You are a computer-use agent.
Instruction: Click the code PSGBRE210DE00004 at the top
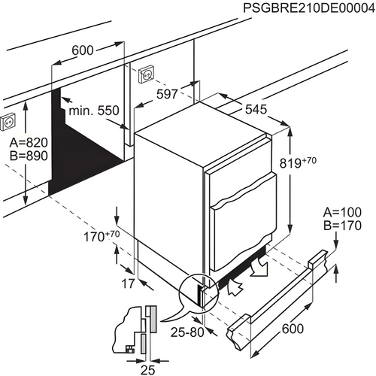point(308,8)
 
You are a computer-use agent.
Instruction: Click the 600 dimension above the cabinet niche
point(83,50)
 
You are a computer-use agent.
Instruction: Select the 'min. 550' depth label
point(94,111)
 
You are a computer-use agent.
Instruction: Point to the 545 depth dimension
point(256,110)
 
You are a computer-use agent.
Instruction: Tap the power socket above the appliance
point(146,75)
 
